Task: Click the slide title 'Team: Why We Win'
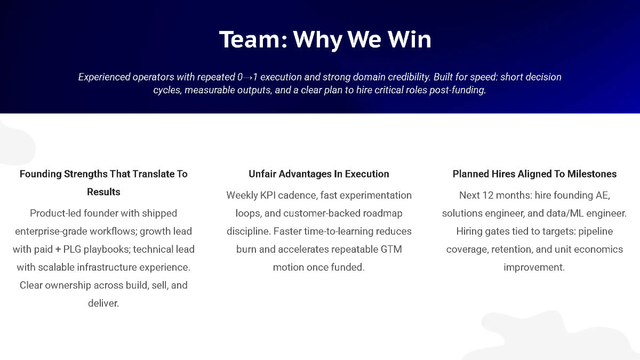coord(325,40)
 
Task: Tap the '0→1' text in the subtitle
coord(248,77)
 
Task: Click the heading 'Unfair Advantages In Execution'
coord(319,174)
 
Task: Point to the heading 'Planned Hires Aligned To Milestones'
coord(534,174)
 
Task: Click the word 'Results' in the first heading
coord(103,192)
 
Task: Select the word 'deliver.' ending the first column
coord(103,303)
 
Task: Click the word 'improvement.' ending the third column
coord(534,267)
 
